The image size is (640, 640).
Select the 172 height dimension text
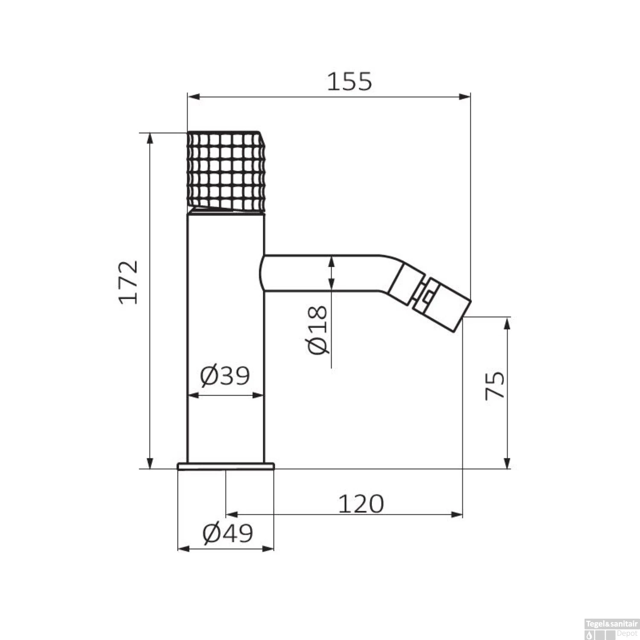129,282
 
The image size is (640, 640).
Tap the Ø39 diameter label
225,375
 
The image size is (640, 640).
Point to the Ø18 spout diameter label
318,329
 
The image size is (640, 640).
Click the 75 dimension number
495,385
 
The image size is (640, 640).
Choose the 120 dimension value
361,504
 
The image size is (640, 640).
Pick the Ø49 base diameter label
228,533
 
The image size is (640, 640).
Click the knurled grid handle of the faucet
226,171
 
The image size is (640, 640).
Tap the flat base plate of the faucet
226,465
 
